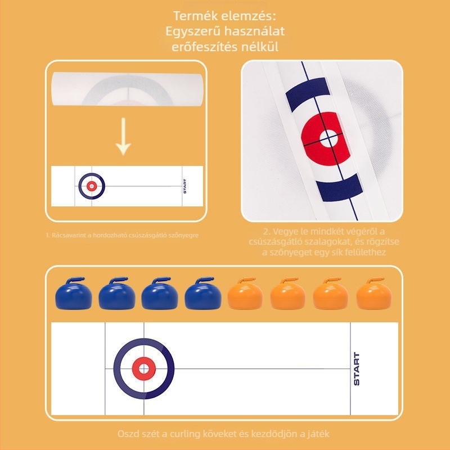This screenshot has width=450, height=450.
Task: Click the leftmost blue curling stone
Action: pos(73,294)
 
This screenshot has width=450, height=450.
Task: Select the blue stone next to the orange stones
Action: pos(202,294)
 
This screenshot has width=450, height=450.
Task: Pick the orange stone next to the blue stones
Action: pos(245,294)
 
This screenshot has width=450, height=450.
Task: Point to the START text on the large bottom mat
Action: pos(357,369)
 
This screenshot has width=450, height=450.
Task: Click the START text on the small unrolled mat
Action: pos(184,186)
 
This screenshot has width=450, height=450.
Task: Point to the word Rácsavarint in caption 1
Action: pos(65,235)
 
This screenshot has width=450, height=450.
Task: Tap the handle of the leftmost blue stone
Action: pos(74,279)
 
